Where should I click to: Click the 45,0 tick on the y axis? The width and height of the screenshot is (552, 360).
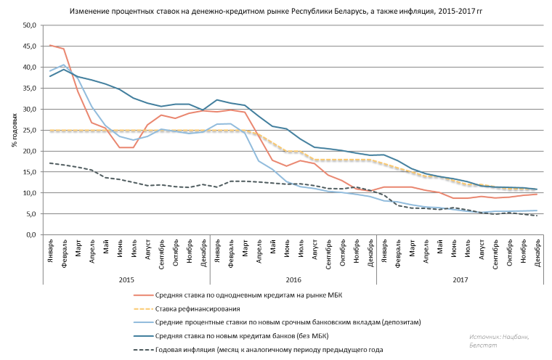(x=29, y=46)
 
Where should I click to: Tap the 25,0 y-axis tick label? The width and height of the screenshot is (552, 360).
(x=29, y=131)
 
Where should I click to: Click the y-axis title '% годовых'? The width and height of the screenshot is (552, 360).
(x=14, y=131)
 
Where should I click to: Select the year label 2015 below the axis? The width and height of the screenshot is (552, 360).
(x=126, y=279)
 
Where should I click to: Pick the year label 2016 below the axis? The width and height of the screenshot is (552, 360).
(x=293, y=279)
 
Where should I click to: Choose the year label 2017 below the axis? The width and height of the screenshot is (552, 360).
(x=460, y=279)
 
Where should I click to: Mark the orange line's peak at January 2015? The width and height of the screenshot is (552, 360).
(x=50, y=45)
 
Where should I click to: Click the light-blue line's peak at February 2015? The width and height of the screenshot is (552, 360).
(x=64, y=65)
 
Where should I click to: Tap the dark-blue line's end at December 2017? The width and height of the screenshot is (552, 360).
(x=537, y=189)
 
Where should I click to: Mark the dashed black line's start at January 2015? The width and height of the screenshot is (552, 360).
(x=50, y=163)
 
